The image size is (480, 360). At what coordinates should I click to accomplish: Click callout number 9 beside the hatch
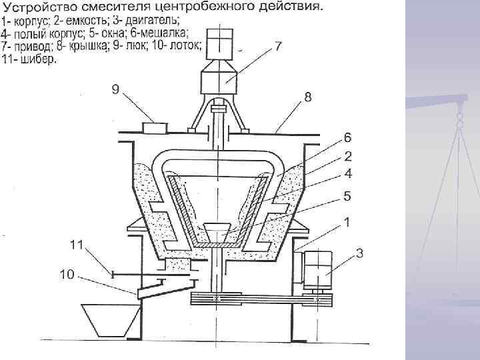(115, 91)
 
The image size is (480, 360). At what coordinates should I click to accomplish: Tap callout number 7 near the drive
(279, 48)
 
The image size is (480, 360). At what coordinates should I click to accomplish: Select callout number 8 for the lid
(307, 97)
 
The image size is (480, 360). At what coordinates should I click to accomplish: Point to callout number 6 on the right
(347, 137)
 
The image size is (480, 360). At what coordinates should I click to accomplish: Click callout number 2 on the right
(347, 157)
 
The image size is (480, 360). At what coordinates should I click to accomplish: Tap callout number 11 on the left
(78, 245)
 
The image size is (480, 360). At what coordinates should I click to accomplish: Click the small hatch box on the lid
(155, 126)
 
